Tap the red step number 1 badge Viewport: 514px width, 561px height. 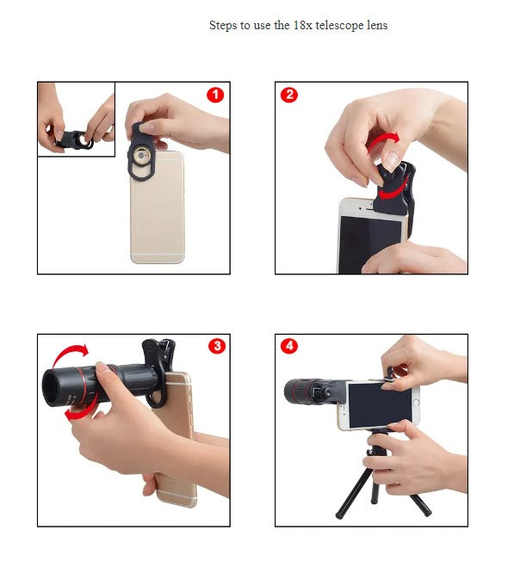(215, 95)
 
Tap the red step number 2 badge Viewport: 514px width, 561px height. (289, 95)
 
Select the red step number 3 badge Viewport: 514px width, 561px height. (216, 346)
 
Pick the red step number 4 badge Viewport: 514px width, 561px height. (289, 346)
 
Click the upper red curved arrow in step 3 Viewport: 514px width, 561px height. (68, 354)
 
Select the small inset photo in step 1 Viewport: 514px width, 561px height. (76, 120)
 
